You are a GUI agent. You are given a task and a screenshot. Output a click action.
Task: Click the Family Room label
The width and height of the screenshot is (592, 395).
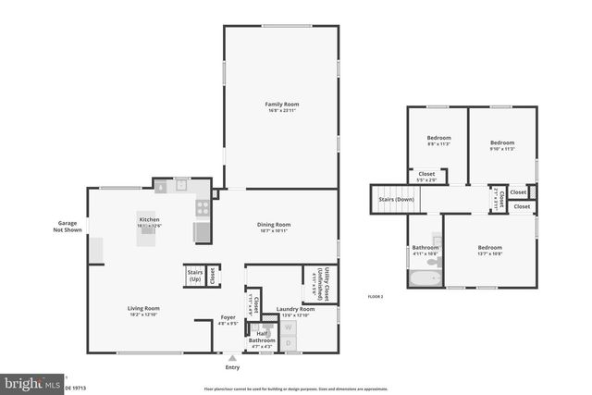coord(282,107)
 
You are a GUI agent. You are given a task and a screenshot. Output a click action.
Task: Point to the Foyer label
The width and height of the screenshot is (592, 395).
coord(228,320)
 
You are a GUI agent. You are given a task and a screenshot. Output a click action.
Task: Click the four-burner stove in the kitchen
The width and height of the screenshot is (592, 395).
coord(202,207)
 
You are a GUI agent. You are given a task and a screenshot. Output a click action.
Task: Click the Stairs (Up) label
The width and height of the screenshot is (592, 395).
coord(194,275)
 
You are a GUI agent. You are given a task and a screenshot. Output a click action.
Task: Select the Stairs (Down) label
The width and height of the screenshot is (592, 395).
coord(392,198)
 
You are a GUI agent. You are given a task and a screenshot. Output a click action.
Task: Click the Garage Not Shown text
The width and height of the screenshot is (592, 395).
coord(66,227)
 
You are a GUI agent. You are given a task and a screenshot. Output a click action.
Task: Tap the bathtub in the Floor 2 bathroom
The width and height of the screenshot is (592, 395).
coord(423,278)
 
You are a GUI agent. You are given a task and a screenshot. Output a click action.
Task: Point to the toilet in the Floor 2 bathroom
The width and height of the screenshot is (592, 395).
coord(436,263)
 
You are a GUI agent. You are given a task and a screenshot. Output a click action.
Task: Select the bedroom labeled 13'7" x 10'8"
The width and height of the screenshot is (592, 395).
coord(489,249)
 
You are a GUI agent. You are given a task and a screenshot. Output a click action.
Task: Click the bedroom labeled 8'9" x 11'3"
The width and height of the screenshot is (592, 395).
coord(438,141)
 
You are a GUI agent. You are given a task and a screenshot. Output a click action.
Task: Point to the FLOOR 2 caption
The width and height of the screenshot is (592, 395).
coord(375,296)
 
